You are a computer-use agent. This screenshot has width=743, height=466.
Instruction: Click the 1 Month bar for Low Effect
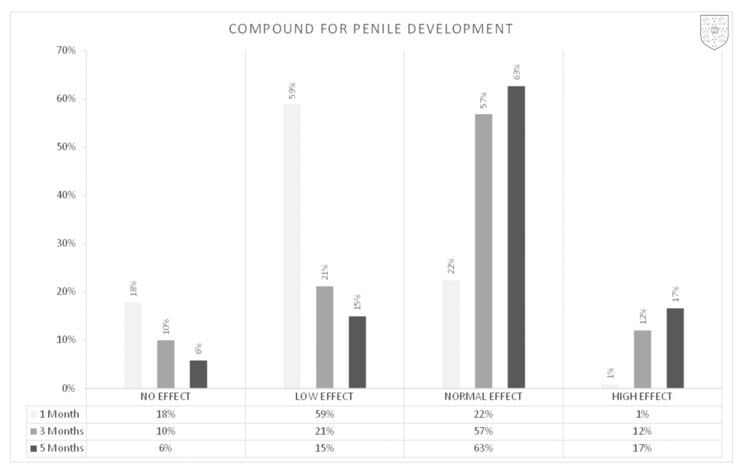(292, 246)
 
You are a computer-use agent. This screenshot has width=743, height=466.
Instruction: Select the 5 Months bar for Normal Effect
(516, 237)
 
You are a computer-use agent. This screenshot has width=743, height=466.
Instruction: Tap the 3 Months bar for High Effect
(642, 359)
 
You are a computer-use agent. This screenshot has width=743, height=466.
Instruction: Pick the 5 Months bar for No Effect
(198, 374)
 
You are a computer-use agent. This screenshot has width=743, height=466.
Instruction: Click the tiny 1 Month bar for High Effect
(610, 386)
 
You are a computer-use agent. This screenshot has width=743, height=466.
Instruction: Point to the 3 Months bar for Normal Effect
(483, 251)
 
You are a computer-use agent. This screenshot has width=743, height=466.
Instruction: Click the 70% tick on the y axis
(66, 50)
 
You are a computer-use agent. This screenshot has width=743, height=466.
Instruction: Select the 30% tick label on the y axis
(66, 243)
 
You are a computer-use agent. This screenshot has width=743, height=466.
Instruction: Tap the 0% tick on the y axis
(68, 388)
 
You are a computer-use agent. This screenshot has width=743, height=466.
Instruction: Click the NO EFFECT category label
(165, 397)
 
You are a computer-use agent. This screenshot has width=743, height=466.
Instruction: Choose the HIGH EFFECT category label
(642, 397)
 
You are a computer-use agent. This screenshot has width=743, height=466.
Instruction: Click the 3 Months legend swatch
(33, 432)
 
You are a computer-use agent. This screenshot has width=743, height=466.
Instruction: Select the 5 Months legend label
(61, 448)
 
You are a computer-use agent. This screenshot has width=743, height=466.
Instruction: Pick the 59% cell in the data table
(324, 414)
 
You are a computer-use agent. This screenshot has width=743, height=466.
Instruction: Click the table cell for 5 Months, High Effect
(642, 448)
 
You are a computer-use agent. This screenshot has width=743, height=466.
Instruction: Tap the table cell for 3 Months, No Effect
(165, 431)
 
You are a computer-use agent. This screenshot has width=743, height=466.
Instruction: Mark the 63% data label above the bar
(516, 72)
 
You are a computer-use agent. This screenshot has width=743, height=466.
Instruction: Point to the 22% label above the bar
(451, 266)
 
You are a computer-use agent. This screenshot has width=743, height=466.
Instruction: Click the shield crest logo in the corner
(714, 32)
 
